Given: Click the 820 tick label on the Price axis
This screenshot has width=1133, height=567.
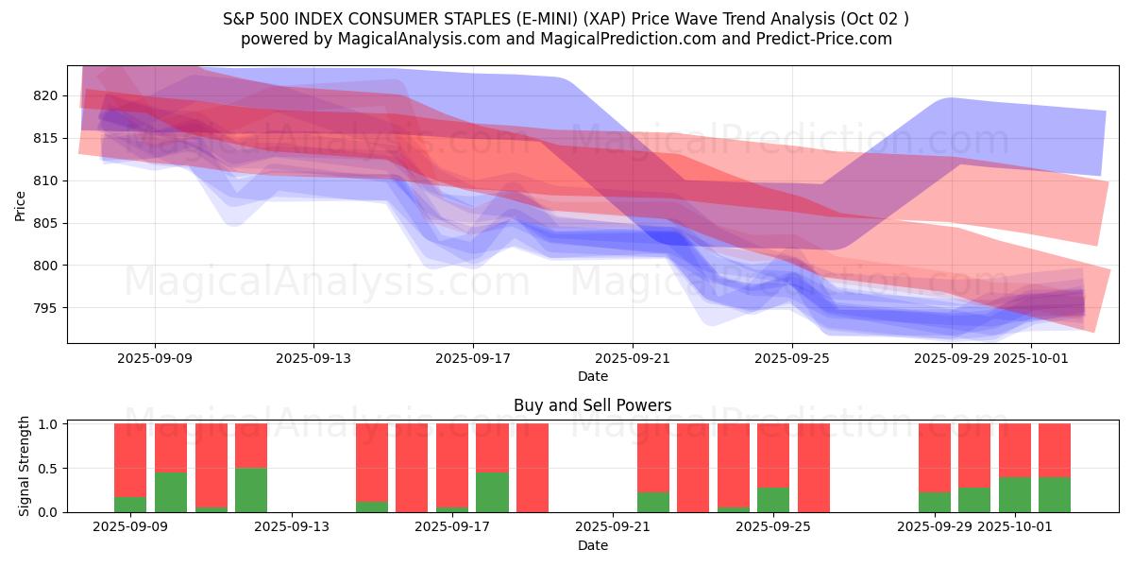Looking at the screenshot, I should coord(47,95).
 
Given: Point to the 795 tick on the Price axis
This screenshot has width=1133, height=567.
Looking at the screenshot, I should coord(47,308).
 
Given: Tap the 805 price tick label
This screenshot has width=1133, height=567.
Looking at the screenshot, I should coord(47,223).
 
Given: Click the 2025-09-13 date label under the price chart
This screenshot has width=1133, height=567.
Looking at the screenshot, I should coord(313,359).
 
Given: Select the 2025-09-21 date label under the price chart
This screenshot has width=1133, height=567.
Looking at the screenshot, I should coord(633,359).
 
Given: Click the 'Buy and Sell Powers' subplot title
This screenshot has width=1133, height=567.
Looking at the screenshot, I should coord(592,405).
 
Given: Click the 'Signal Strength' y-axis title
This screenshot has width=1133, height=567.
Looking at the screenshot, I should coord(25,466).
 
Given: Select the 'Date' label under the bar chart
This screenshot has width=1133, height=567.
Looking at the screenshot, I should coord(592,545).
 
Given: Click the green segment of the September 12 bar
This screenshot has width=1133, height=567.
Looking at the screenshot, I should coord(251,490).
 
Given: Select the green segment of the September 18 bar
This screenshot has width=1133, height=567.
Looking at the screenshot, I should coord(492,491).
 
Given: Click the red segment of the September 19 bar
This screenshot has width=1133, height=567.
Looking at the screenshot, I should coord(533,467).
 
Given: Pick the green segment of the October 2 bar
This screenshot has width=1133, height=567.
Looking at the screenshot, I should coord(1055,494).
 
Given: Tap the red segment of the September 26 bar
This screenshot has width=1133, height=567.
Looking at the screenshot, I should coord(814,467).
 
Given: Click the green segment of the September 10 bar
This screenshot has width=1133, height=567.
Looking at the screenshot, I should coord(171,491).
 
